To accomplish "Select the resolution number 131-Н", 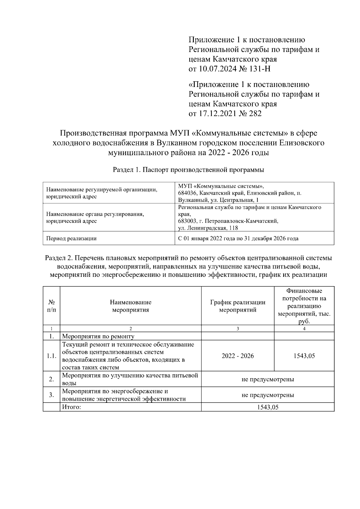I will (x=260, y=69).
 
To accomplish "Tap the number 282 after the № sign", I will (x=255, y=114).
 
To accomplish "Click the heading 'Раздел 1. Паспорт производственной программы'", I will (x=188, y=170).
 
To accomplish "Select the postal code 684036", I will (x=188, y=193).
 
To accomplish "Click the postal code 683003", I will (x=188, y=221).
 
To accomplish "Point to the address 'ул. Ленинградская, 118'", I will (x=208, y=228).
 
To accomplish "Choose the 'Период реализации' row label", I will (x=71, y=239).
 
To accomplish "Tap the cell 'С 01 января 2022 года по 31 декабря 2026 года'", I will (x=238, y=239).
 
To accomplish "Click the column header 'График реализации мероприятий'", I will (x=238, y=306).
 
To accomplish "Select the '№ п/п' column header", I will (x=52, y=306).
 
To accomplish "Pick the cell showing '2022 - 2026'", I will (x=238, y=356).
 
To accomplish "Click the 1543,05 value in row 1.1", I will (x=304, y=356).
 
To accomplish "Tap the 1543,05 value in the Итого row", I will (x=268, y=407).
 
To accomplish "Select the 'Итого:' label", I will (x=72, y=407).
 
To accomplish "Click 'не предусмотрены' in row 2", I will (x=268, y=379).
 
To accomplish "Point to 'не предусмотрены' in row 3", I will (x=268, y=395).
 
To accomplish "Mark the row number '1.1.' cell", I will (x=52, y=356).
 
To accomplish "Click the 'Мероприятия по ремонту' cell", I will (x=98, y=337).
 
